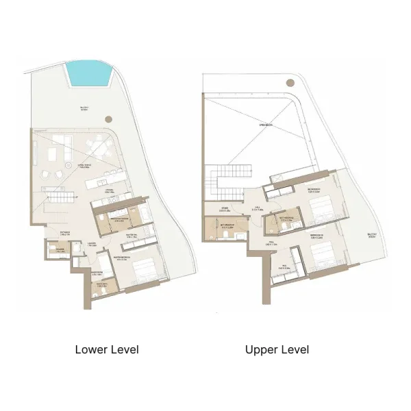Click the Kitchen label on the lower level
click(x=107, y=192)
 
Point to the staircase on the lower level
click(x=58, y=199)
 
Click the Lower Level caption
click(x=107, y=350)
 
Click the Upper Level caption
click(x=277, y=350)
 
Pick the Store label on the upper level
click(x=224, y=210)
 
